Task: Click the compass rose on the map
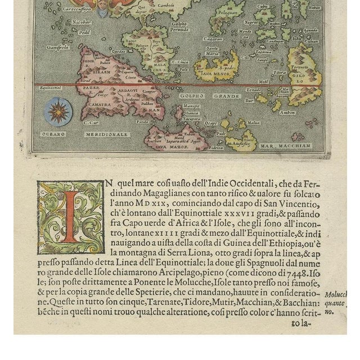pos(57,111)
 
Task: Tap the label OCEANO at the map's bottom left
pos(53,134)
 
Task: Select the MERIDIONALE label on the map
pos(107,134)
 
